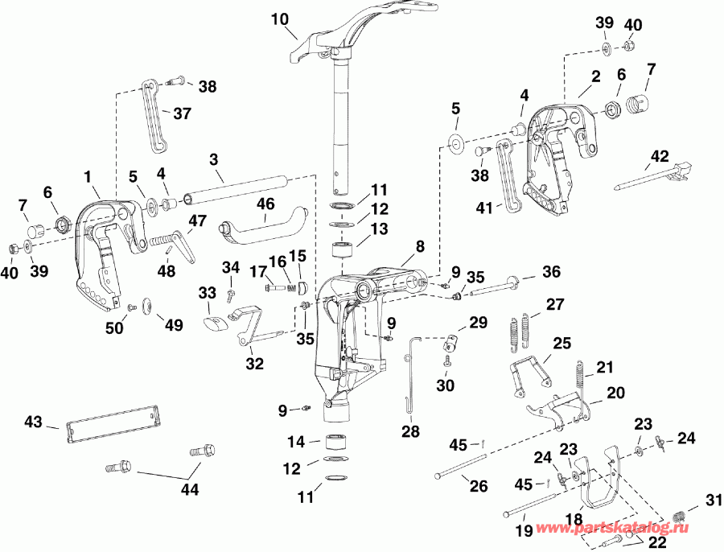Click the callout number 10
(279, 19)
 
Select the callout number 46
(265, 204)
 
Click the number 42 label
(660, 156)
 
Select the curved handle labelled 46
(265, 225)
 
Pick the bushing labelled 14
(336, 442)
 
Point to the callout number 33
(208, 294)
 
